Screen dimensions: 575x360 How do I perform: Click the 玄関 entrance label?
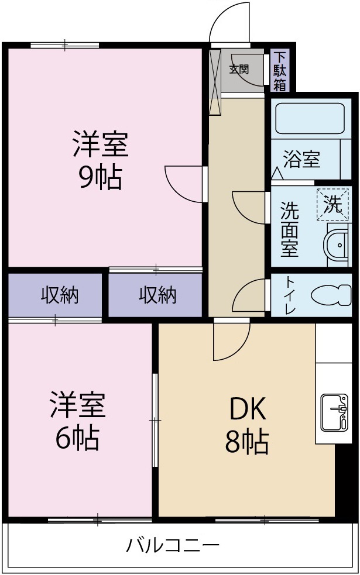[238, 69]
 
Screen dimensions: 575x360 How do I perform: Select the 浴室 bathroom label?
[301, 159]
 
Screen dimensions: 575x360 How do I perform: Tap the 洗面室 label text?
[289, 229]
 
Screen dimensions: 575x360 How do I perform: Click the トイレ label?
[290, 295]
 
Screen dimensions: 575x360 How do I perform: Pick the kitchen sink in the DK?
[333, 412]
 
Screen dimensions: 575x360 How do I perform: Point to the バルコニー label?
[173, 546]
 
